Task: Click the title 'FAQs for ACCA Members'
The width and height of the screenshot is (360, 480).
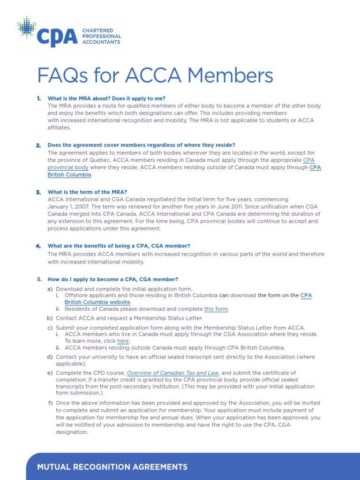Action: click(154, 75)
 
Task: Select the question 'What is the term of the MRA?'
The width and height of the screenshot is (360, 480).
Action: click(87, 192)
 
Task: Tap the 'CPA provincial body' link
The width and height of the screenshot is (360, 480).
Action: click(67, 167)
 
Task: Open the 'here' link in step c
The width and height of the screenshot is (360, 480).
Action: click(122, 341)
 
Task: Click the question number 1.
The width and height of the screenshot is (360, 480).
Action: click(39, 98)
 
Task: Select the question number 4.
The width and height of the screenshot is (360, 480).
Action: click(38, 246)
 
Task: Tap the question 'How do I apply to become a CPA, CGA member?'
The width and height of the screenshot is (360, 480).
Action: click(113, 279)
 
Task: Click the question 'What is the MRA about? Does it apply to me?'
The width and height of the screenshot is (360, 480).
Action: click(106, 98)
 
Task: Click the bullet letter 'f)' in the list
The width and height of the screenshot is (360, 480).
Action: click(50, 403)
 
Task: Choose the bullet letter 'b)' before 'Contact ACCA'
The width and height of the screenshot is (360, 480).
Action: click(50, 318)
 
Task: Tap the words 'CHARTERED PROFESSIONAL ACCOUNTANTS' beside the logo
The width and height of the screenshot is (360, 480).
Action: click(101, 36)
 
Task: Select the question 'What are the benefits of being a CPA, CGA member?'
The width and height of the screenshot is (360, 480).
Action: click(119, 246)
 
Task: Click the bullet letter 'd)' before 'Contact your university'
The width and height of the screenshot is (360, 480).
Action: click(50, 357)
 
